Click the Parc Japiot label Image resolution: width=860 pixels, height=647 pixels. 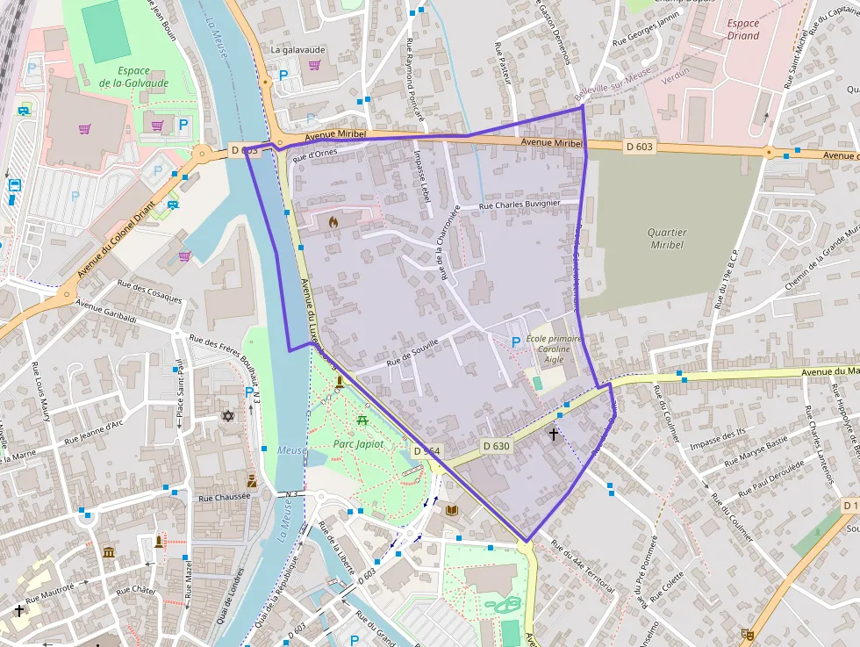click(x=359, y=444)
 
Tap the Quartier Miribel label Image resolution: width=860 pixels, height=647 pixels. click(x=668, y=239)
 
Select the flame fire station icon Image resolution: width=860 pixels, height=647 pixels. click(x=333, y=223)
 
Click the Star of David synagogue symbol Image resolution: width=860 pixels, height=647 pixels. click(x=229, y=415)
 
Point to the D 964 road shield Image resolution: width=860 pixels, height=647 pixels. click(x=426, y=450)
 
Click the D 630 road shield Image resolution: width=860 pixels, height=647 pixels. click(x=496, y=446)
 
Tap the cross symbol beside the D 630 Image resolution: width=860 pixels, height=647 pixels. click(x=554, y=434)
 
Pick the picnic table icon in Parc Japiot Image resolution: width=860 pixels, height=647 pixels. click(x=362, y=421)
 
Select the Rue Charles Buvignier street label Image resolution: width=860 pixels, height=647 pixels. click(x=520, y=205)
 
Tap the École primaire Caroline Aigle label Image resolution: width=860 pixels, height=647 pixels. click(x=554, y=349)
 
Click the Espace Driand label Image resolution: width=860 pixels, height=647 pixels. click(x=743, y=30)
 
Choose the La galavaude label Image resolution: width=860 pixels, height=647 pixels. click(x=297, y=50)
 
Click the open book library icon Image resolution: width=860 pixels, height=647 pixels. click(x=452, y=510)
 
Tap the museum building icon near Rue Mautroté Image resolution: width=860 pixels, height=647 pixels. click(x=109, y=552)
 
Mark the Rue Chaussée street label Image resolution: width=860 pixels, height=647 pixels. click(x=225, y=497)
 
